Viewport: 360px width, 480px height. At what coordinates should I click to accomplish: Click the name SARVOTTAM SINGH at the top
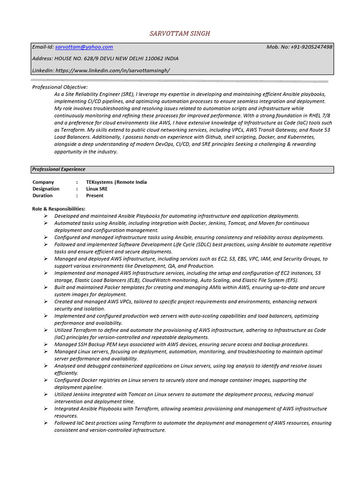(180, 33)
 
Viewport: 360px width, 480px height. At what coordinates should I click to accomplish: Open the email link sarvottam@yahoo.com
(84, 47)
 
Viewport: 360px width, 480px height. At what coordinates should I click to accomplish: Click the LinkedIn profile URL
(112, 70)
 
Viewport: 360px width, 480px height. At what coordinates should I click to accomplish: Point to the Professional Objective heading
(60, 87)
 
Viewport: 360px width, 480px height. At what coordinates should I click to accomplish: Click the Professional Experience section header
(59, 169)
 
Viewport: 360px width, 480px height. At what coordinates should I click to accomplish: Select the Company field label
(43, 182)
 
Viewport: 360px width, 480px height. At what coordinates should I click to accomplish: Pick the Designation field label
(46, 189)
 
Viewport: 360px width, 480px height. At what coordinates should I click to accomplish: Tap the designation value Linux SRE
(97, 189)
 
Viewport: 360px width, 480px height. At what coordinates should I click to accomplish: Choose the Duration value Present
(95, 195)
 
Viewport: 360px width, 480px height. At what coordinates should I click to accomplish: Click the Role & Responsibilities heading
(59, 209)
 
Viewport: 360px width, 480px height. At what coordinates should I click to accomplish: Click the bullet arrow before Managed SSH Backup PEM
(46, 344)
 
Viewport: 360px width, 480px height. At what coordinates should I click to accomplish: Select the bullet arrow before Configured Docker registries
(46, 380)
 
